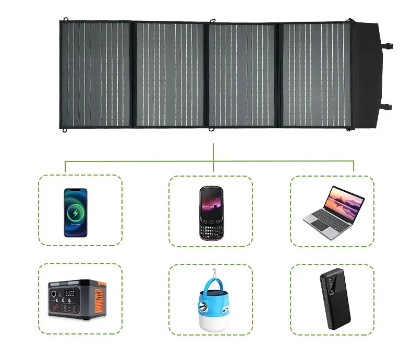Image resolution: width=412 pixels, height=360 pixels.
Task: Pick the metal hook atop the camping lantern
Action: tap(212, 272)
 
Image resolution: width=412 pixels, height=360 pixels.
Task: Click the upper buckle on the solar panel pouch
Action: tap(389, 46)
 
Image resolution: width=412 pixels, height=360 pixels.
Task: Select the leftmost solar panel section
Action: tap(97, 74)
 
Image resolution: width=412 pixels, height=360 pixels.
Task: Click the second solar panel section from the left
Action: tap(171, 74)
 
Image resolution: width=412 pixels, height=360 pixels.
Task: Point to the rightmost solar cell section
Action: tap(316, 74)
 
